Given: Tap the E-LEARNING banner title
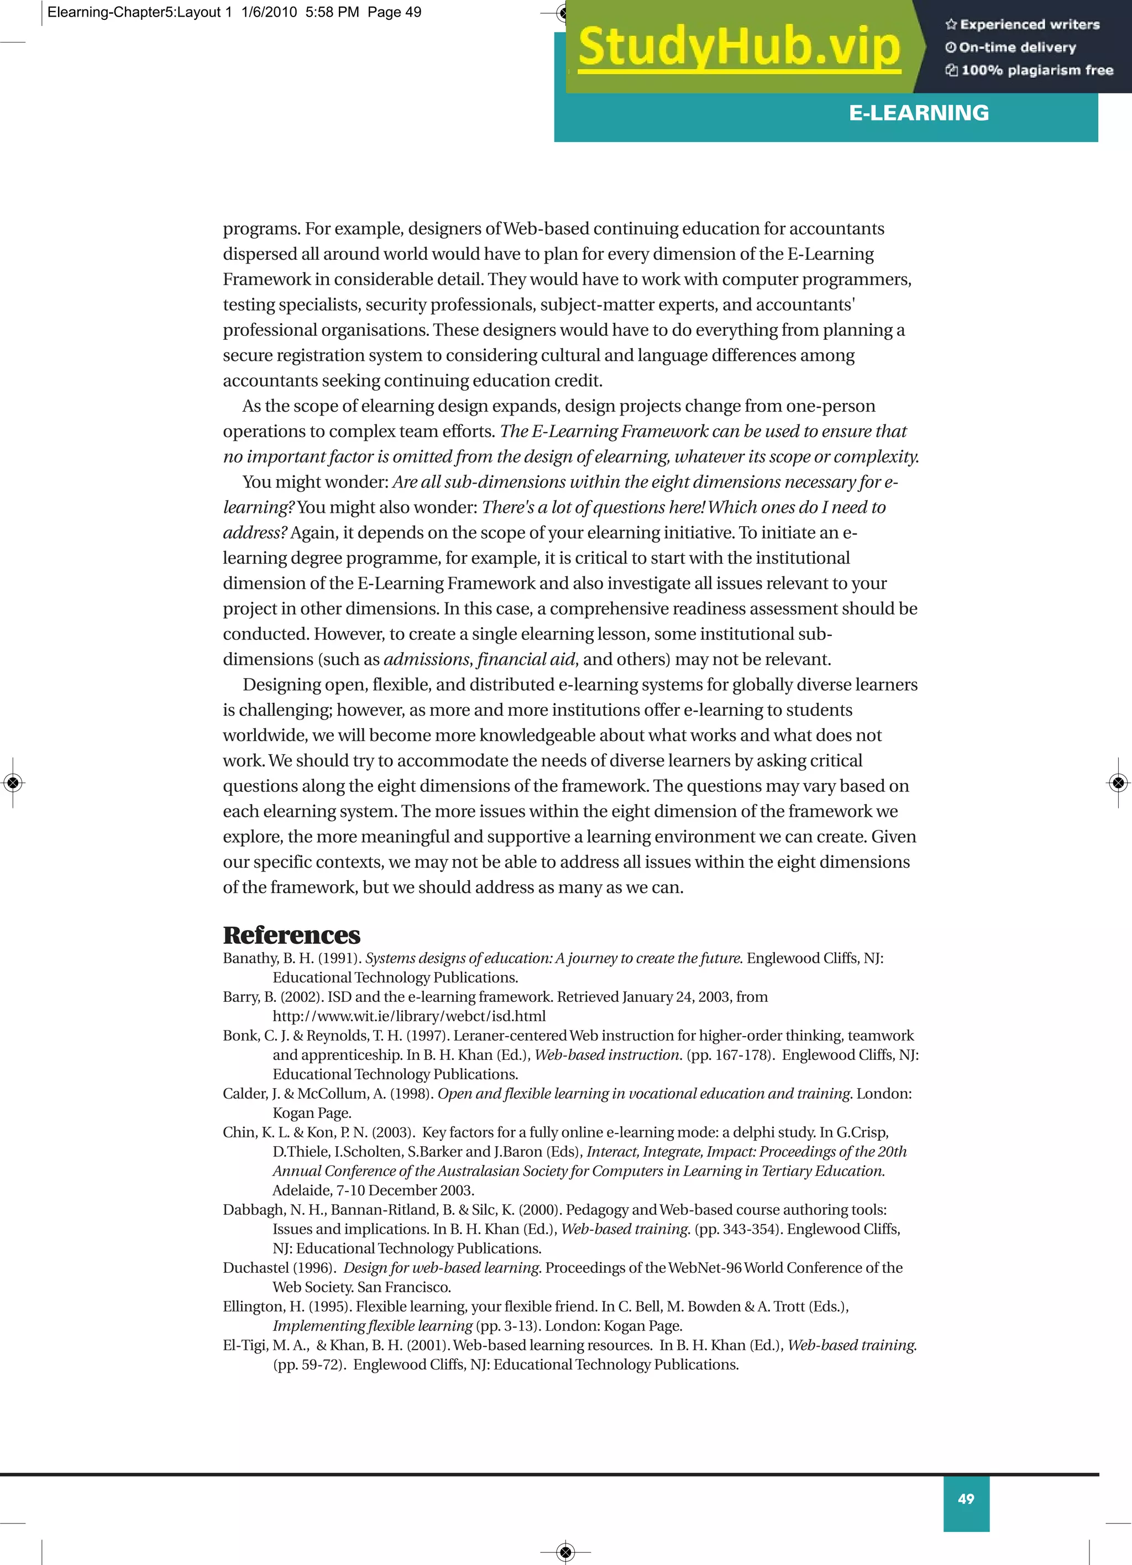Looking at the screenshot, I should click(x=918, y=113).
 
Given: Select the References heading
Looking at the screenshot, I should click(x=291, y=935).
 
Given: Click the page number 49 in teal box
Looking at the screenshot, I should click(x=966, y=1499).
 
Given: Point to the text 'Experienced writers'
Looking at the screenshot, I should click(x=1029, y=25).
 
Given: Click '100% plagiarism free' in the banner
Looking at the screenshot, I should click(x=1036, y=70).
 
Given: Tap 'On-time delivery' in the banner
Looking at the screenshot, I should click(x=1016, y=48).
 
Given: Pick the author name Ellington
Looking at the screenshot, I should click(x=252, y=1306).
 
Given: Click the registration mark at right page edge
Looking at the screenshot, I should click(x=1118, y=782).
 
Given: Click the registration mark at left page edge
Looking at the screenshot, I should click(x=13, y=782).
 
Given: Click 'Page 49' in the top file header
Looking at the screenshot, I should click(x=394, y=12).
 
